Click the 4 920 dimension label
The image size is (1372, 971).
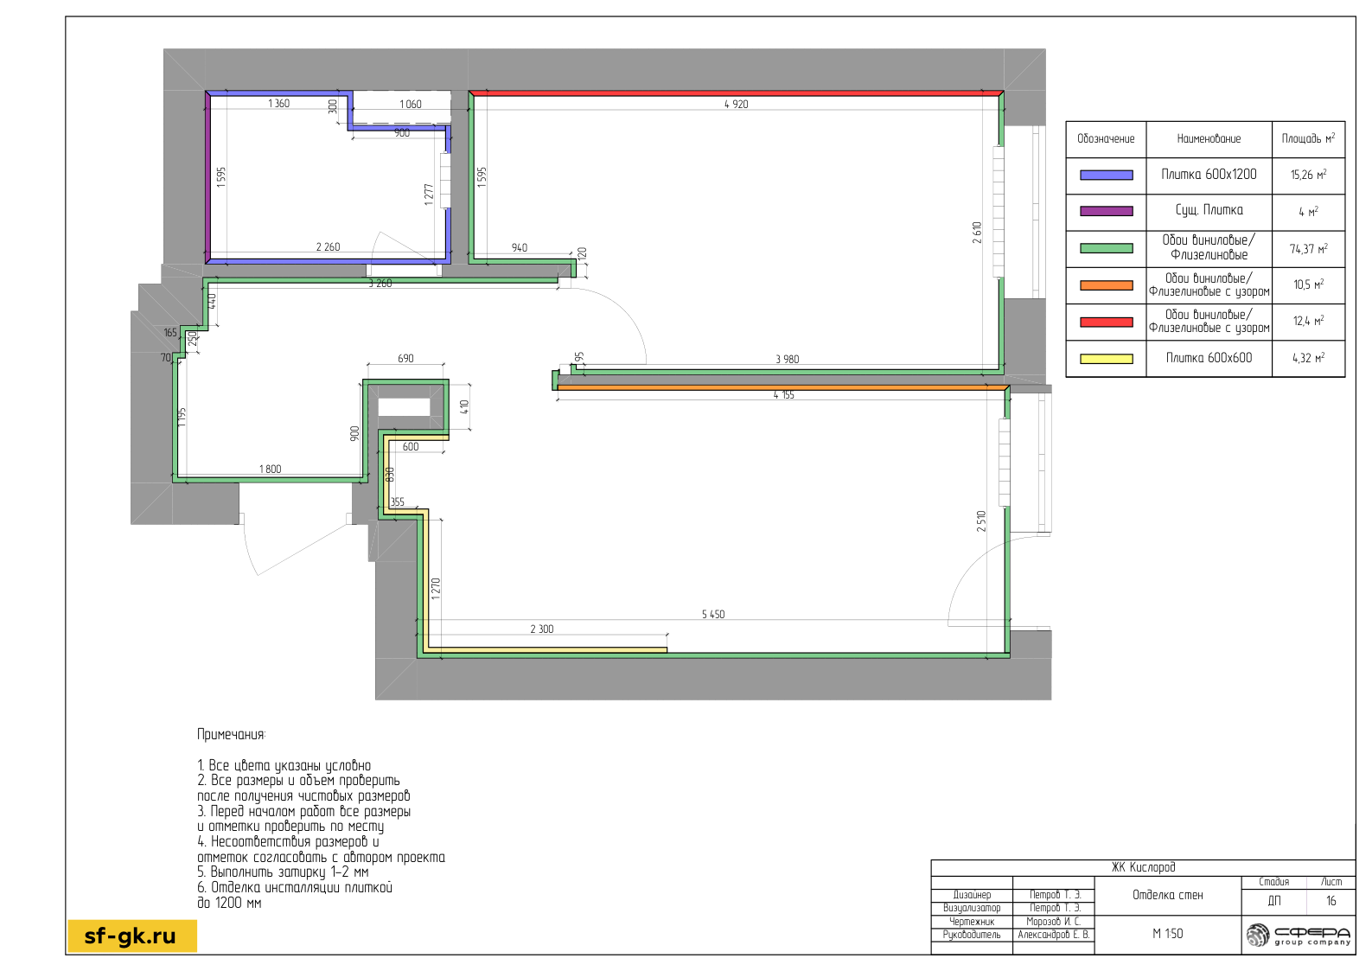736,104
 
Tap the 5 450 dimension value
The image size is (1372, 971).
713,614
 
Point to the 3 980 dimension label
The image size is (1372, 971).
787,359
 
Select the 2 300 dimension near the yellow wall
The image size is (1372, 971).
541,629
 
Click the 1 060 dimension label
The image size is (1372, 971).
411,104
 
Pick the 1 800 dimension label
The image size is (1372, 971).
270,470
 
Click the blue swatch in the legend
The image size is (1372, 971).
1107,176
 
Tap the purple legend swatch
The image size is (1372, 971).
1107,211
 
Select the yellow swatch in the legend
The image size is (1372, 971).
1107,359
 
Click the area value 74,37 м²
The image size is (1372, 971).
1308,249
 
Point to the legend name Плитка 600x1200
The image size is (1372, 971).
1209,175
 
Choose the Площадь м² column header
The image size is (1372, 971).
1308,138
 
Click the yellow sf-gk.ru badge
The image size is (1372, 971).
132,936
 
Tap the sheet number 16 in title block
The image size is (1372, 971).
1331,901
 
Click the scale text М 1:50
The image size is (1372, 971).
1167,934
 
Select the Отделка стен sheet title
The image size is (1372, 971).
1167,895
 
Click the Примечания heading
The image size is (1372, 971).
232,734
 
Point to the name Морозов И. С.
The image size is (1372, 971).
1054,922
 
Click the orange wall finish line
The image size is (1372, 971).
782,387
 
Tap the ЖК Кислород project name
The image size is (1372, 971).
1143,867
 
